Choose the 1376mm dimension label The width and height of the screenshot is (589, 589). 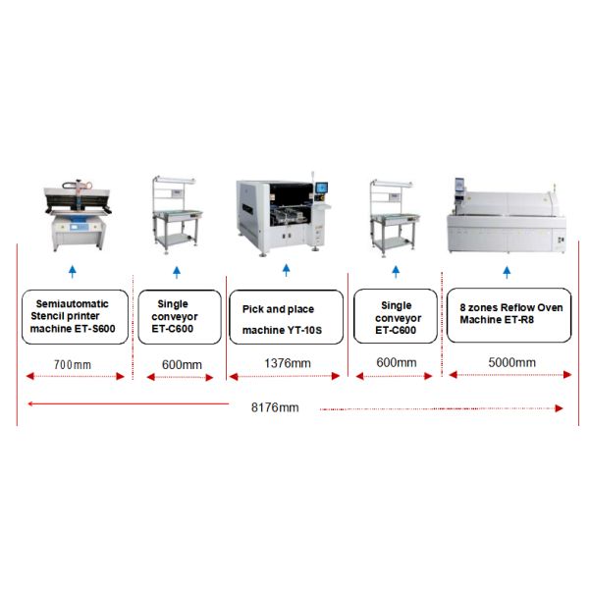point(288,363)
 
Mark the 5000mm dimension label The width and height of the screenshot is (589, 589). point(511,363)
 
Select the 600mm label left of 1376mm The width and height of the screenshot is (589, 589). point(181,364)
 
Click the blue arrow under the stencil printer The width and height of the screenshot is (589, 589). point(72,271)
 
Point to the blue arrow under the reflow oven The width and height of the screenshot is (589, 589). point(507,271)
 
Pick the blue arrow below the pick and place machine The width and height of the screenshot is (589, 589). point(287,271)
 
